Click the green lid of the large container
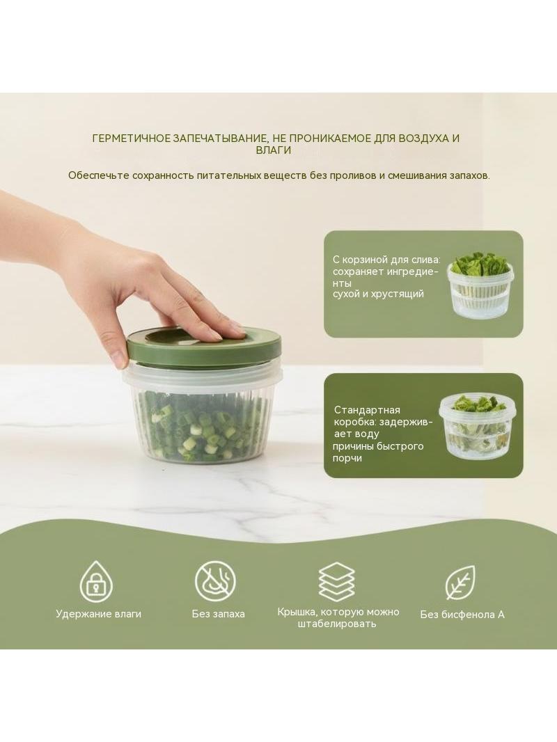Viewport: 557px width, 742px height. point(203,347)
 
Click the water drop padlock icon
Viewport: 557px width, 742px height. point(97,582)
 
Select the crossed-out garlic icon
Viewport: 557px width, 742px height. point(215,581)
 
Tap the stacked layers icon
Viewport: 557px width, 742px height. point(336,581)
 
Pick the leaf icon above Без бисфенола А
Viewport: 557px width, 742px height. point(460,583)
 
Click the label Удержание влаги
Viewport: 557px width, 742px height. point(98,614)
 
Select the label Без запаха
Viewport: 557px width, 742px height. point(218,614)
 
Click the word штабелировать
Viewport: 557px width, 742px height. point(337,624)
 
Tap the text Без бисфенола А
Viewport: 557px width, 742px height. point(462,614)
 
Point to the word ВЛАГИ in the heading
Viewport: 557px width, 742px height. point(273,150)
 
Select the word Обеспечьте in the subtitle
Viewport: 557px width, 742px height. point(98,175)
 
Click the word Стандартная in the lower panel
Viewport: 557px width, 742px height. point(367,410)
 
